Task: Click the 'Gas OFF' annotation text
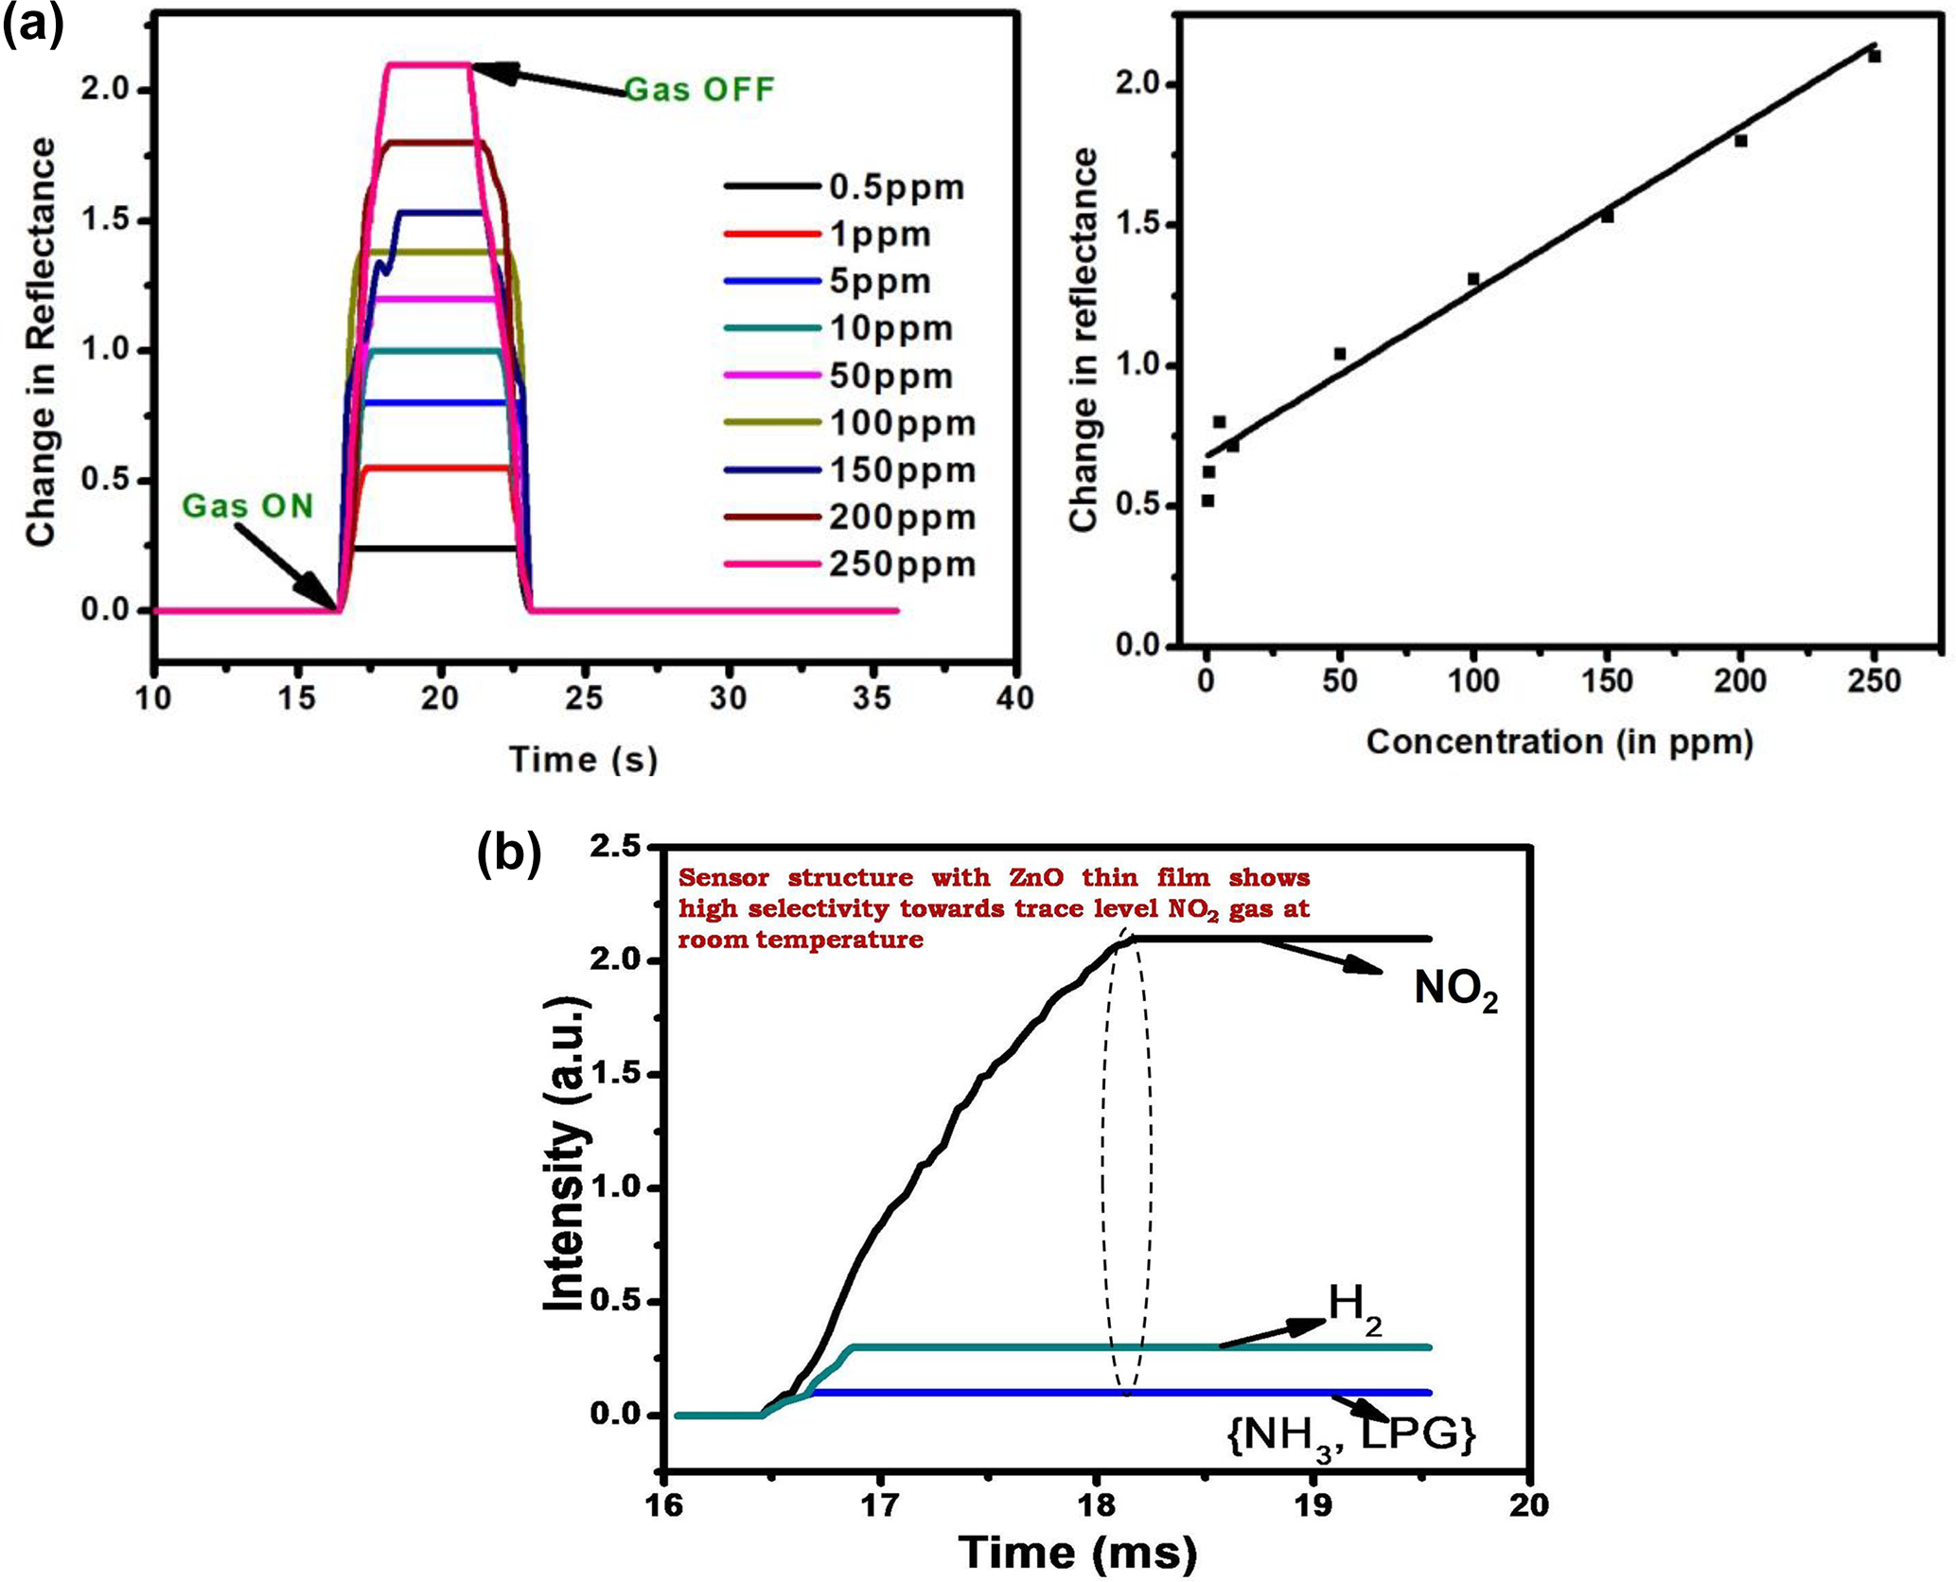[699, 90]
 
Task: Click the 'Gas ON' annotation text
[247, 506]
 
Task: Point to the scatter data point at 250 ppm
[1874, 57]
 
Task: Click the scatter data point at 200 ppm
[1740, 141]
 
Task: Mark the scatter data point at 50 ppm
[1340, 354]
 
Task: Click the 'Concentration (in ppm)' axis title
[1560, 742]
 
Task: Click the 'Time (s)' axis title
[583, 759]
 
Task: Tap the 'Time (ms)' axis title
[1078, 1553]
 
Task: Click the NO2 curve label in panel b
[1455, 990]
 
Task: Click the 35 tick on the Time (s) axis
[872, 698]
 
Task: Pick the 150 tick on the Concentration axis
[1607, 681]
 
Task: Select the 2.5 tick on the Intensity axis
[615, 848]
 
